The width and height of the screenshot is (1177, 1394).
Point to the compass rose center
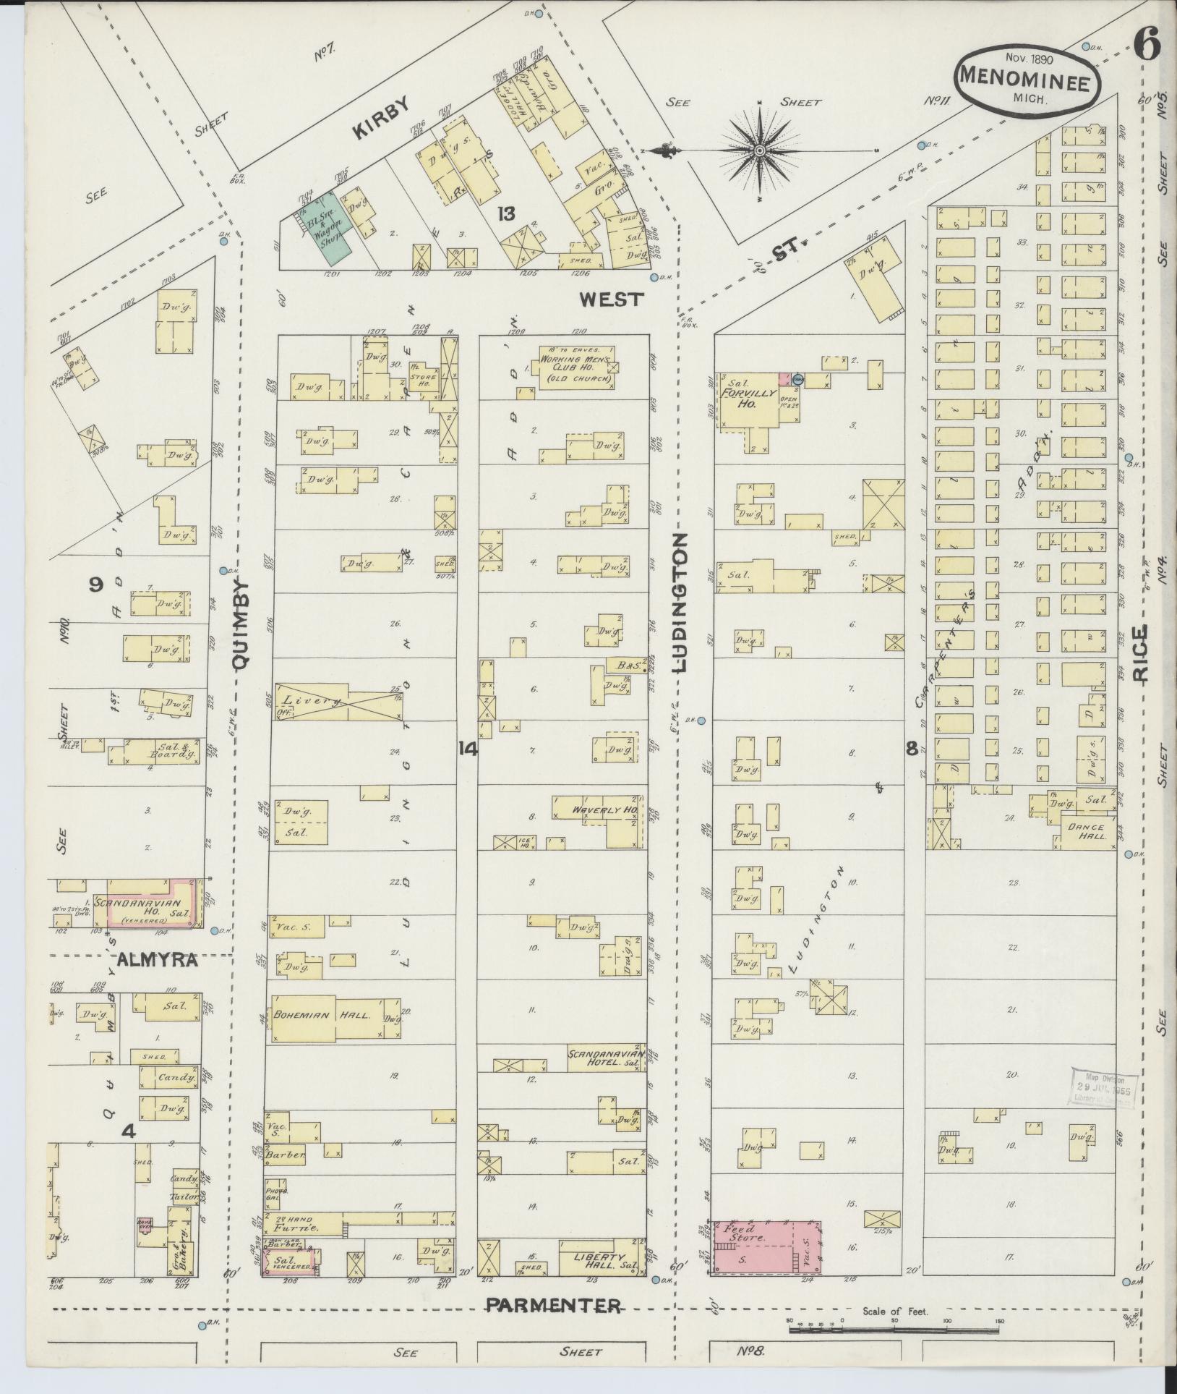(759, 150)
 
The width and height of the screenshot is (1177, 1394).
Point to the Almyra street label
(158, 961)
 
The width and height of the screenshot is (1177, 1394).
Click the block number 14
(468, 749)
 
